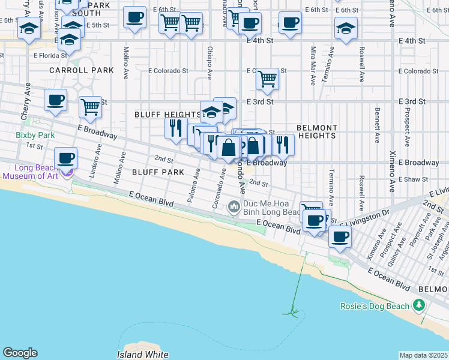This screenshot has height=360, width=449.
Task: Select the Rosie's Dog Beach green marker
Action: [418, 306]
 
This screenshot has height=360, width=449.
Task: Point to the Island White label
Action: [142, 355]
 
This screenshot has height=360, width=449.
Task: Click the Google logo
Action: [20, 353]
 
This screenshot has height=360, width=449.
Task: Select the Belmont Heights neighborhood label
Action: [316, 131]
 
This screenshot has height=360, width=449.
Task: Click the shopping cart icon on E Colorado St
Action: [267, 79]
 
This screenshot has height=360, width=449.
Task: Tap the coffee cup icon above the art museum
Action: [66, 158]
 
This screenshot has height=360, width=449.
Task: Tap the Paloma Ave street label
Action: [194, 185]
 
